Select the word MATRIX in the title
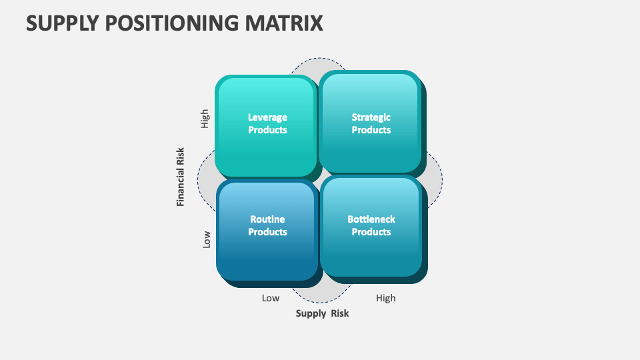coord(287,23)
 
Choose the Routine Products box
coord(267,230)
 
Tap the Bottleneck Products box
coord(371,227)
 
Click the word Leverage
coord(267,117)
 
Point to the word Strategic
coord(371,117)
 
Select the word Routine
coord(267,219)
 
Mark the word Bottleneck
coord(371,219)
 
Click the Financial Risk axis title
coord(181,177)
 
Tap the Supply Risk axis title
coord(322,313)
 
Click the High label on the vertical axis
coord(205,118)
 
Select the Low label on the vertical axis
coord(206,239)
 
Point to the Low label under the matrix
coord(270,298)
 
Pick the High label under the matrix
coord(385,298)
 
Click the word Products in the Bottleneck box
coord(371,232)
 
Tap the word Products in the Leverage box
coord(267,130)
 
